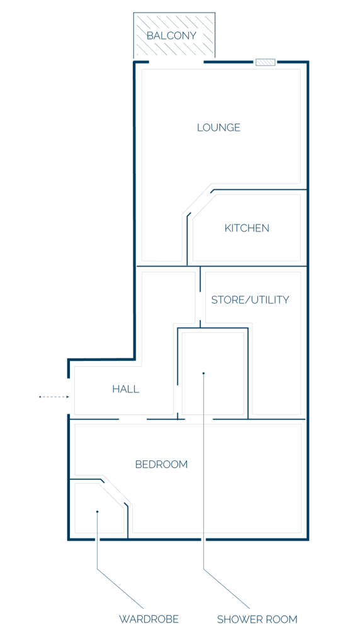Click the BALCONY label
pyautogui.click(x=171, y=36)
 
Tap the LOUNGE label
pyautogui.click(x=218, y=127)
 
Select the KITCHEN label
pyautogui.click(x=247, y=228)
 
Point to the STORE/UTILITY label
pyautogui.click(x=250, y=300)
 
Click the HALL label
pyautogui.click(x=126, y=389)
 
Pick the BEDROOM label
pyautogui.click(x=161, y=465)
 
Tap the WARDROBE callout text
pyautogui.click(x=149, y=619)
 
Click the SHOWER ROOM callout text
pyautogui.click(x=257, y=619)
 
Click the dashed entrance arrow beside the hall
pyautogui.click(x=54, y=397)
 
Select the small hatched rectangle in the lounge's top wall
pyautogui.click(x=265, y=62)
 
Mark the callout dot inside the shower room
pyautogui.click(x=203, y=374)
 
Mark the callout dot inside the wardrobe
pyautogui.click(x=98, y=511)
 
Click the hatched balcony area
pyautogui.click(x=174, y=35)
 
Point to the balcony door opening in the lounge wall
pyautogui.click(x=176, y=62)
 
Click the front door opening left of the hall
pyautogui.click(x=69, y=396)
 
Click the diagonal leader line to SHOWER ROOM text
pyautogui.click(x=227, y=589)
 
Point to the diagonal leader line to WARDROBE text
pyautogui.click(x=120, y=589)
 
